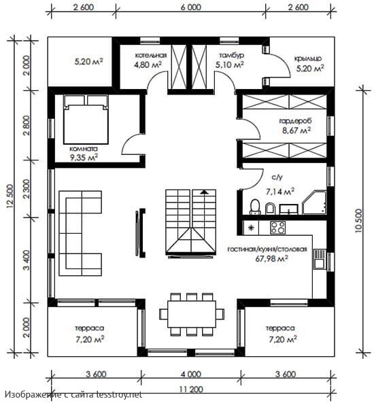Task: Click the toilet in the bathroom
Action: [x=256, y=207]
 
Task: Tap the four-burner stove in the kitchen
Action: [x=277, y=228]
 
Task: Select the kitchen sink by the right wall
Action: [x=320, y=259]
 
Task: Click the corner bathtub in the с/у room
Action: [x=315, y=203]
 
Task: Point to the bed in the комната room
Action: [x=86, y=120]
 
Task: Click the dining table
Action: [x=192, y=314]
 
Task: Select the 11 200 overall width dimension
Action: [x=191, y=389]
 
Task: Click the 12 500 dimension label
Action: [x=10, y=196]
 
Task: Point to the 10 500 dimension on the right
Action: [x=358, y=220]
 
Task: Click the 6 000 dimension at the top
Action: [x=191, y=7]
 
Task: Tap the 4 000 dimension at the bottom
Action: [x=191, y=374]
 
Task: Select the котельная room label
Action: [x=151, y=55]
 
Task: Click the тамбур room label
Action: [x=231, y=55]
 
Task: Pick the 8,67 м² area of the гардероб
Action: [x=296, y=130]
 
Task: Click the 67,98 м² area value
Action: [x=271, y=258]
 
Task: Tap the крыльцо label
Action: [x=308, y=58]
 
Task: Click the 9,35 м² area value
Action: [x=84, y=157]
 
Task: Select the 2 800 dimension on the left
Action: [x=27, y=125]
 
